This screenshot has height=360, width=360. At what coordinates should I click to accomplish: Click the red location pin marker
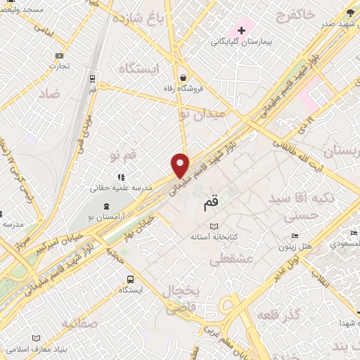pyautogui.click(x=181, y=165)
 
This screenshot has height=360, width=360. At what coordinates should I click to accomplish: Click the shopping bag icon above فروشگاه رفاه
pyautogui.click(x=183, y=77)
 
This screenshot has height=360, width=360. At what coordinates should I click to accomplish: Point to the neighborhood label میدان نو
pyautogui.click(x=204, y=112)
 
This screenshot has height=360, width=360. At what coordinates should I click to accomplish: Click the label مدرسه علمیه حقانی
pyautogui.click(x=120, y=188)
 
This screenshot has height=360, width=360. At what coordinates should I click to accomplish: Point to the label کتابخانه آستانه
pyautogui.click(x=193, y=237)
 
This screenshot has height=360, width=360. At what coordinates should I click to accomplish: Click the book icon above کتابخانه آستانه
pyautogui.click(x=194, y=226)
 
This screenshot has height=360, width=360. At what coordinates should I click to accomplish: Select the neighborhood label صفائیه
pyautogui.click(x=79, y=324)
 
